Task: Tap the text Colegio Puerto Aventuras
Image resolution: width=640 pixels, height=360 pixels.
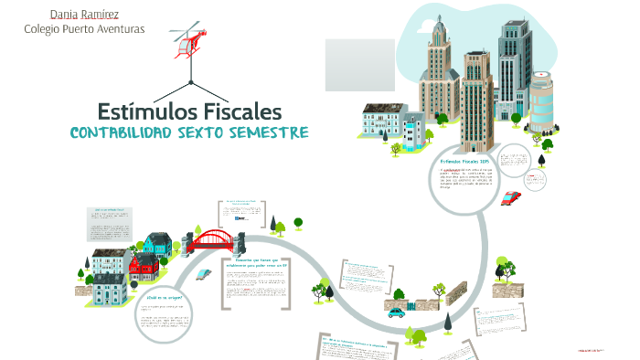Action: point(84,28)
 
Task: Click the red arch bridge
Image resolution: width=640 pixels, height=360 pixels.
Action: point(211,239)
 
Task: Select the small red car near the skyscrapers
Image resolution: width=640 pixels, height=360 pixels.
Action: point(511,197)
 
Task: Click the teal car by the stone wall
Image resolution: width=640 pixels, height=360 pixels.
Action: point(395,312)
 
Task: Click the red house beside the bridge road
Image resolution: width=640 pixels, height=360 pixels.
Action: point(144,267)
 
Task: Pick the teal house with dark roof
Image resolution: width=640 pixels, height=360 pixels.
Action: point(156,244)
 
